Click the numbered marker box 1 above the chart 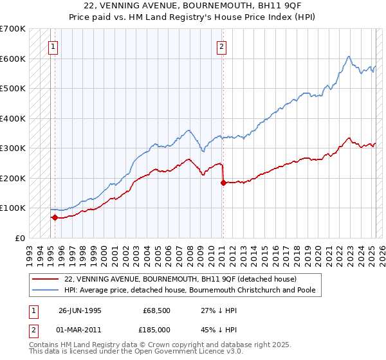pyautogui.click(x=52, y=46)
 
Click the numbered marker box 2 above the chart pyautogui.click(x=221, y=46)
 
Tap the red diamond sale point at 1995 pyautogui.click(x=55, y=217)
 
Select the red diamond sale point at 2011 pyautogui.click(x=223, y=183)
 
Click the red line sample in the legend pyautogui.click(x=46, y=279)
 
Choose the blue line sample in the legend pyautogui.click(x=46, y=290)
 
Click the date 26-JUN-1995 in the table pyautogui.click(x=80, y=310)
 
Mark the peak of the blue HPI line pyautogui.click(x=348, y=57)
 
